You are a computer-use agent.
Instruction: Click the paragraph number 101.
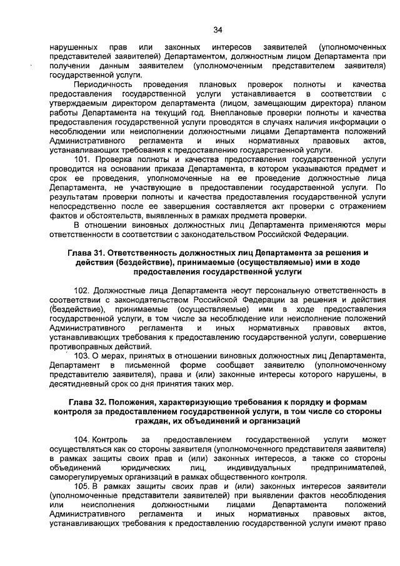(x=82, y=159)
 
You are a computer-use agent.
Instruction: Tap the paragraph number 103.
(x=82, y=356)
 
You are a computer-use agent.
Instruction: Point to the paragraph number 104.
(x=82, y=440)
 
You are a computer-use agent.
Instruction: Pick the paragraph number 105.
(x=82, y=486)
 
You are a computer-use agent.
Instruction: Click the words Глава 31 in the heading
(x=88, y=253)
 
